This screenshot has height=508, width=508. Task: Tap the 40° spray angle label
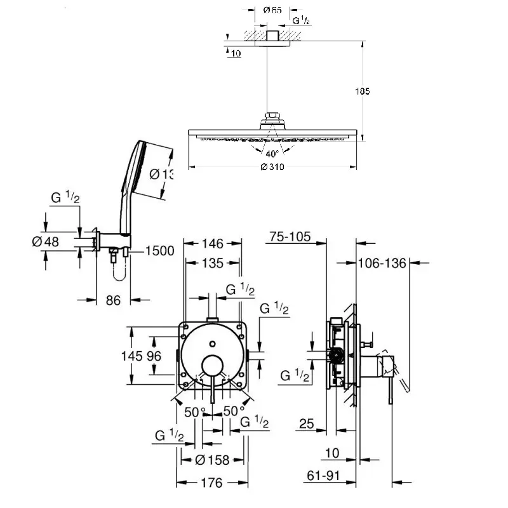pyautogui.click(x=272, y=154)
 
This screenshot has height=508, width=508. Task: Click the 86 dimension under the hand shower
pyautogui.click(x=113, y=300)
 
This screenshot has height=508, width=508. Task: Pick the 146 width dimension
pyautogui.click(x=212, y=243)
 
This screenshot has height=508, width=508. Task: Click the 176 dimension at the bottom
pyautogui.click(x=211, y=483)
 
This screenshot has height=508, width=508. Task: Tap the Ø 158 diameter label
pyautogui.click(x=213, y=459)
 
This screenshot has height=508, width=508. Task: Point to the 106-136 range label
pyautogui.click(x=381, y=263)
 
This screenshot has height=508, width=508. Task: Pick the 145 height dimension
pyautogui.click(x=131, y=357)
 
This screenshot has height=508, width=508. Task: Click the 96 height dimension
pyautogui.click(x=154, y=357)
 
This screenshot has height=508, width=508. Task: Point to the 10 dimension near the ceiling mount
pyautogui.click(x=236, y=54)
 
